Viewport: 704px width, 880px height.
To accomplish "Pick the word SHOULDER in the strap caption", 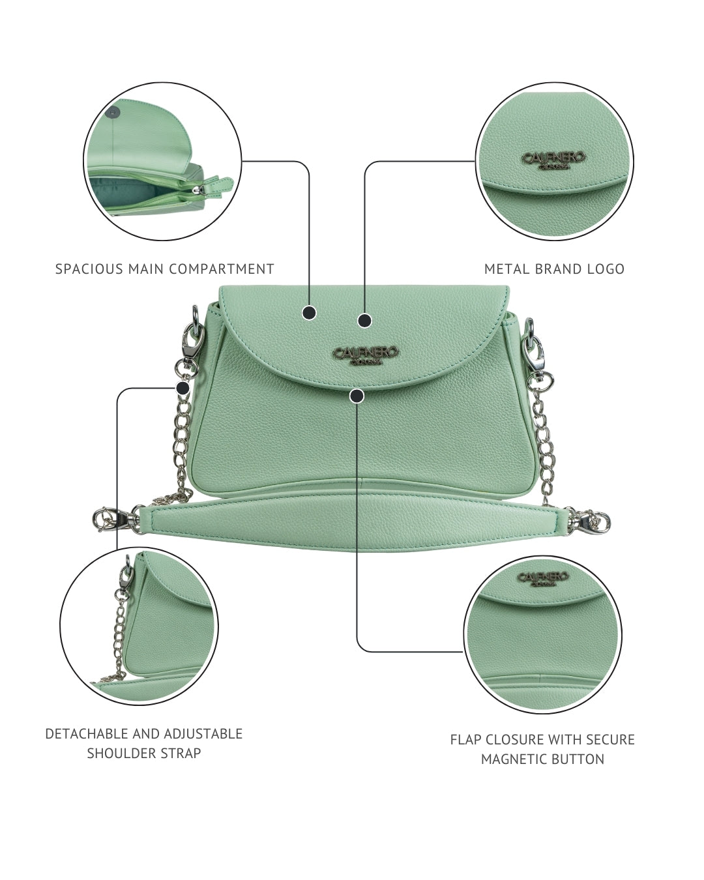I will [x=116, y=754].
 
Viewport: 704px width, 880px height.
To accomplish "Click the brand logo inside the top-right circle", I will [x=555, y=160].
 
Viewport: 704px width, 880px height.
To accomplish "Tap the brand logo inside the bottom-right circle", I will [x=543, y=578].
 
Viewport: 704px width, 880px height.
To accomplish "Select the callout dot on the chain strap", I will [x=183, y=388].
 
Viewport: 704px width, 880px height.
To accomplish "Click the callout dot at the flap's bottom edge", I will [x=357, y=395].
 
